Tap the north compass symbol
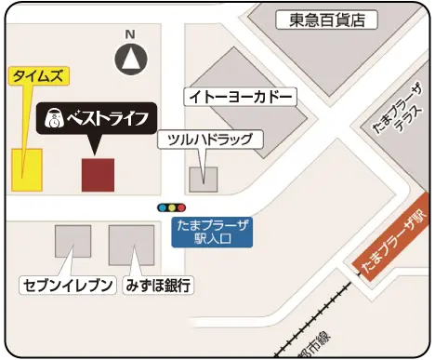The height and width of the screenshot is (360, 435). click(131, 60)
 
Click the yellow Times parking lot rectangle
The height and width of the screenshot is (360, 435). click(28, 167)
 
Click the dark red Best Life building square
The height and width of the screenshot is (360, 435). click(98, 175)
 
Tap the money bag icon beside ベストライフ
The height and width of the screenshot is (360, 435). click(56, 119)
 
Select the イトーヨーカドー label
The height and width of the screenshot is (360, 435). click(241, 97)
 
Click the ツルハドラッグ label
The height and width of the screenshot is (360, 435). click(210, 140)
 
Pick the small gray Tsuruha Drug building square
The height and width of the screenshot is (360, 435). click(204, 174)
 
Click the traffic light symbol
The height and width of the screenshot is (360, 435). click(172, 207)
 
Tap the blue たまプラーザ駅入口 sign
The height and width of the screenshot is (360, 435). click(213, 231)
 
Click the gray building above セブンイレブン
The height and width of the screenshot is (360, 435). click(72, 242)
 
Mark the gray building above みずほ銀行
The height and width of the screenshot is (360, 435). click(131, 245)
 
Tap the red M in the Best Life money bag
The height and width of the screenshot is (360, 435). click(56, 122)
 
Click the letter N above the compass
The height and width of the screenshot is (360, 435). click(131, 34)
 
